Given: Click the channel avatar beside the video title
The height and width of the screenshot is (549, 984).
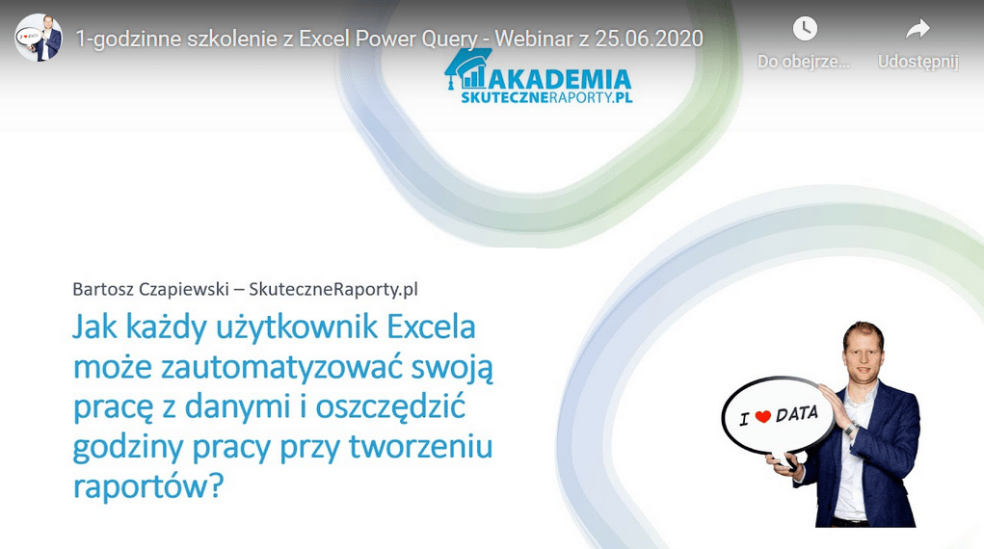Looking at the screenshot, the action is tap(39, 38).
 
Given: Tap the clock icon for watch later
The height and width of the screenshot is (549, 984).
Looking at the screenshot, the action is tap(805, 28).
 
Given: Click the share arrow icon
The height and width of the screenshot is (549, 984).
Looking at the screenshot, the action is tap(918, 28).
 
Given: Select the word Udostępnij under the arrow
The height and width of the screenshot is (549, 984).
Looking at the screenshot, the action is tap(918, 62).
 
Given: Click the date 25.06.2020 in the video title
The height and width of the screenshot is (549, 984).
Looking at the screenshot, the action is tap(649, 39).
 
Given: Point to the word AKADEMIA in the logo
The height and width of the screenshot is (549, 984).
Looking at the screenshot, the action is tap(560, 80).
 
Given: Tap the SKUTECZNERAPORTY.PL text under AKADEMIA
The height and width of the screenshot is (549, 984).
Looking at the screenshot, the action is tap(546, 98).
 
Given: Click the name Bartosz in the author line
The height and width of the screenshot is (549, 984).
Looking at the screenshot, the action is tap(102, 289).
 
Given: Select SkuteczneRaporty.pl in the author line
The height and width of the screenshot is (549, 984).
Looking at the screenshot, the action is tap(333, 289).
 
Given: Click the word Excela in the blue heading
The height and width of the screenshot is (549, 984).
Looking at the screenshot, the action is tap(431, 327).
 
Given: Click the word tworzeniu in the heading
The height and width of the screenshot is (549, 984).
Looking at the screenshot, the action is tap(420, 447).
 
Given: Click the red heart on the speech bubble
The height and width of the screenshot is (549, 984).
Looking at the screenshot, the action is tap(762, 417).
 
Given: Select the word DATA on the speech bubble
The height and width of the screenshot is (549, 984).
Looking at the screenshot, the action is tap(797, 414).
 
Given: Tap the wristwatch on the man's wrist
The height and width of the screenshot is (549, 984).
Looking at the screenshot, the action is tap(850, 430).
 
